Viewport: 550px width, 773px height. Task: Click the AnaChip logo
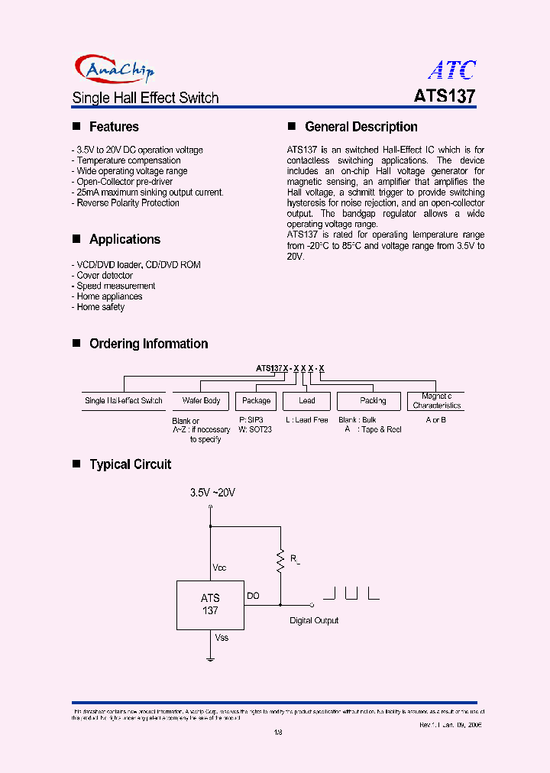(115, 70)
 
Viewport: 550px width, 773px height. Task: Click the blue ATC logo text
(451, 70)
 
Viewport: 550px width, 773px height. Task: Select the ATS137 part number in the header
(445, 98)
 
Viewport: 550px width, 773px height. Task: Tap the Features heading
(114, 127)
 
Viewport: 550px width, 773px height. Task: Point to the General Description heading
(361, 127)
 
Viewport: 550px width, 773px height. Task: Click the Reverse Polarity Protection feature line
(128, 203)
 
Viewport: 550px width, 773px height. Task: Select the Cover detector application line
(105, 275)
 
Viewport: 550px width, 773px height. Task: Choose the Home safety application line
(100, 307)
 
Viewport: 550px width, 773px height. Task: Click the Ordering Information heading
(148, 344)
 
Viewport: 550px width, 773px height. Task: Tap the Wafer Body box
(201, 400)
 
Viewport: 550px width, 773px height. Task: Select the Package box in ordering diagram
(256, 400)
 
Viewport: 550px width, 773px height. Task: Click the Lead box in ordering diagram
(306, 400)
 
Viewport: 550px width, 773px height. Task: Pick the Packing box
(373, 400)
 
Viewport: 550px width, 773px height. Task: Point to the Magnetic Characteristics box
(437, 400)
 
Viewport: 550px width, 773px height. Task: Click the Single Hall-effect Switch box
(123, 400)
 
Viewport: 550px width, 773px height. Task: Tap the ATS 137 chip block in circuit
(210, 604)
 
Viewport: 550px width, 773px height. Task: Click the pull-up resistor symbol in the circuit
(280, 561)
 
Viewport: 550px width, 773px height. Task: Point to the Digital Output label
(314, 621)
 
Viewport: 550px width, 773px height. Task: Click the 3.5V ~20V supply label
(212, 493)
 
